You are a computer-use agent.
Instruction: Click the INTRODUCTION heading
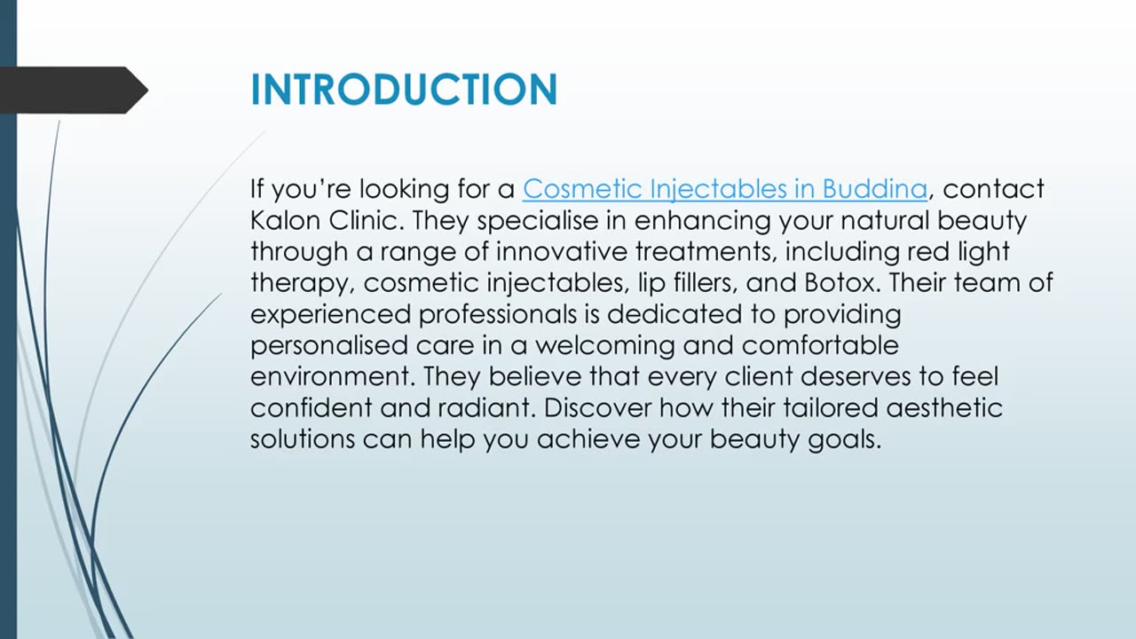tap(404, 91)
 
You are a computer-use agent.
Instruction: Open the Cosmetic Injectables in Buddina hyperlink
tap(724, 189)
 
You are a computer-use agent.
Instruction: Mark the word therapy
tap(302, 283)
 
